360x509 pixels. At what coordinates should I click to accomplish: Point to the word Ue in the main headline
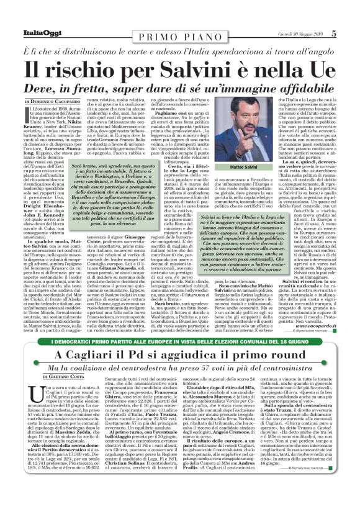pyautogui.click(x=326, y=67)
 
